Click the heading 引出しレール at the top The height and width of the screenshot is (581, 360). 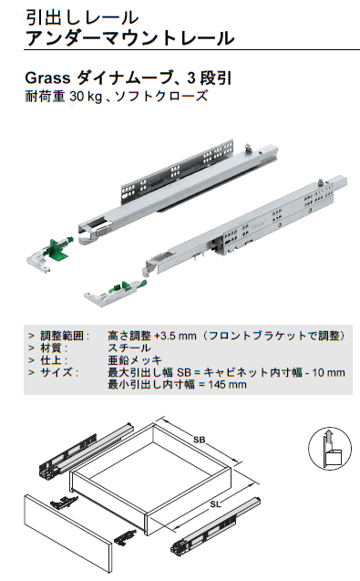click(82, 16)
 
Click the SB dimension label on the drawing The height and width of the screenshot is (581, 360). click(200, 439)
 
